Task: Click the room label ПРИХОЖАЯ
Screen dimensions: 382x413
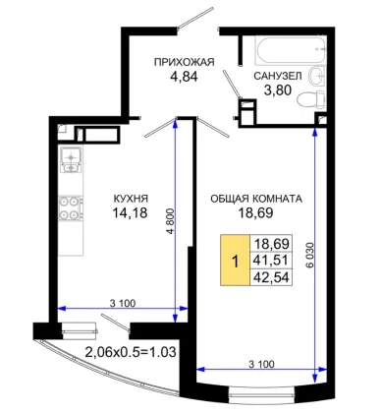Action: click(185, 62)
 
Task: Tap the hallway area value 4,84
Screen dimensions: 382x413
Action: click(184, 77)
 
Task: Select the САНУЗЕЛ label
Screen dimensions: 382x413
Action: click(278, 76)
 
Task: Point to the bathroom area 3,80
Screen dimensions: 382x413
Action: click(278, 90)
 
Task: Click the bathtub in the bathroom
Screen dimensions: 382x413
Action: click(291, 50)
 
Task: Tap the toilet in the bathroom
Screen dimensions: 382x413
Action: click(310, 99)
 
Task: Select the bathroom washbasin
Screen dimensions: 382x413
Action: click(317, 77)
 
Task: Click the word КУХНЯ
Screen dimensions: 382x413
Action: click(131, 199)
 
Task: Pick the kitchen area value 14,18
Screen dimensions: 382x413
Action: click(130, 213)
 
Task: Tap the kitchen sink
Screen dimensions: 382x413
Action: click(71, 159)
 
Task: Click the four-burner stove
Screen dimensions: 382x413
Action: click(71, 207)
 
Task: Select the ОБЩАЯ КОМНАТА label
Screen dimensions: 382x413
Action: click(256, 199)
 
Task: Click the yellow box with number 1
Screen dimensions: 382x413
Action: click(235, 261)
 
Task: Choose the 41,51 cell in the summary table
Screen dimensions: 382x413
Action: click(271, 261)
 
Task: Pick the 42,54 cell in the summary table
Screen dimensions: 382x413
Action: click(271, 277)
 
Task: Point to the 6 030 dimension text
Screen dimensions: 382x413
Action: click(309, 255)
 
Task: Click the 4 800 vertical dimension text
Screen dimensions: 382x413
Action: click(171, 220)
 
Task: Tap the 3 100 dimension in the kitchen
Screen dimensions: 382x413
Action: click(123, 303)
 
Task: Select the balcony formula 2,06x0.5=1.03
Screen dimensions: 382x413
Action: click(131, 352)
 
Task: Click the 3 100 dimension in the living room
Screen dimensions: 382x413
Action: click(261, 364)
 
